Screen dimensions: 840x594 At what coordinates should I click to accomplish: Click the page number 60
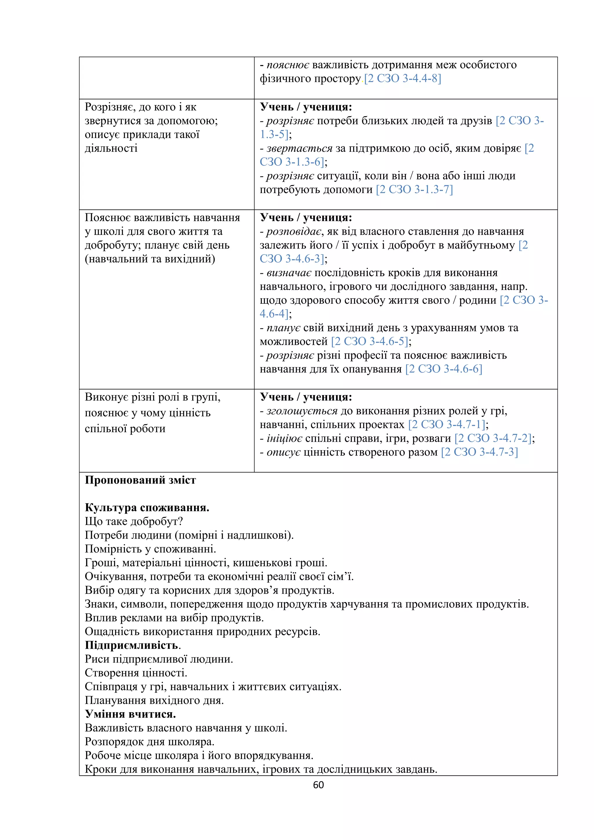click(x=318, y=785)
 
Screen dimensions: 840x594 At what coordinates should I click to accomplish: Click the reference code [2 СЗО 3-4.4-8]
click(x=402, y=79)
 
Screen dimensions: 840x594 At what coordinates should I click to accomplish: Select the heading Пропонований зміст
click(x=140, y=480)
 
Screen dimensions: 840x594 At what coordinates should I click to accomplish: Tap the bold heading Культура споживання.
click(x=147, y=508)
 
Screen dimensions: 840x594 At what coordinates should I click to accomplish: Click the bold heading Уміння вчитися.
click(x=130, y=714)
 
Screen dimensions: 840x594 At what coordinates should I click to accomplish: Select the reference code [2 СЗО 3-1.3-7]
click(x=414, y=190)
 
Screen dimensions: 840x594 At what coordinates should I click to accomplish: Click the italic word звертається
click(x=299, y=148)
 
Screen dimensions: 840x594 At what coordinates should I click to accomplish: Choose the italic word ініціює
click(x=284, y=438)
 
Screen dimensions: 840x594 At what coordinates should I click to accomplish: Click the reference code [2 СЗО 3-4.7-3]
click(x=479, y=452)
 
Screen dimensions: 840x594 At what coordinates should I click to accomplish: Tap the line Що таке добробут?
click(x=134, y=521)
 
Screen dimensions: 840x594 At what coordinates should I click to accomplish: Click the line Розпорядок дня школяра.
click(x=149, y=741)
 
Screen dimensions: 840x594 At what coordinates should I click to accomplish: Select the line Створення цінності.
click(x=136, y=672)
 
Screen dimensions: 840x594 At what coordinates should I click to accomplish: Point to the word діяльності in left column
click(x=111, y=148)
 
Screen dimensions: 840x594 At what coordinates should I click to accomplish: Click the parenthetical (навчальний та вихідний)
click(x=150, y=259)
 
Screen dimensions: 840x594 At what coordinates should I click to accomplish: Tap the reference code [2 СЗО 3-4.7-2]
click(x=492, y=438)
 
